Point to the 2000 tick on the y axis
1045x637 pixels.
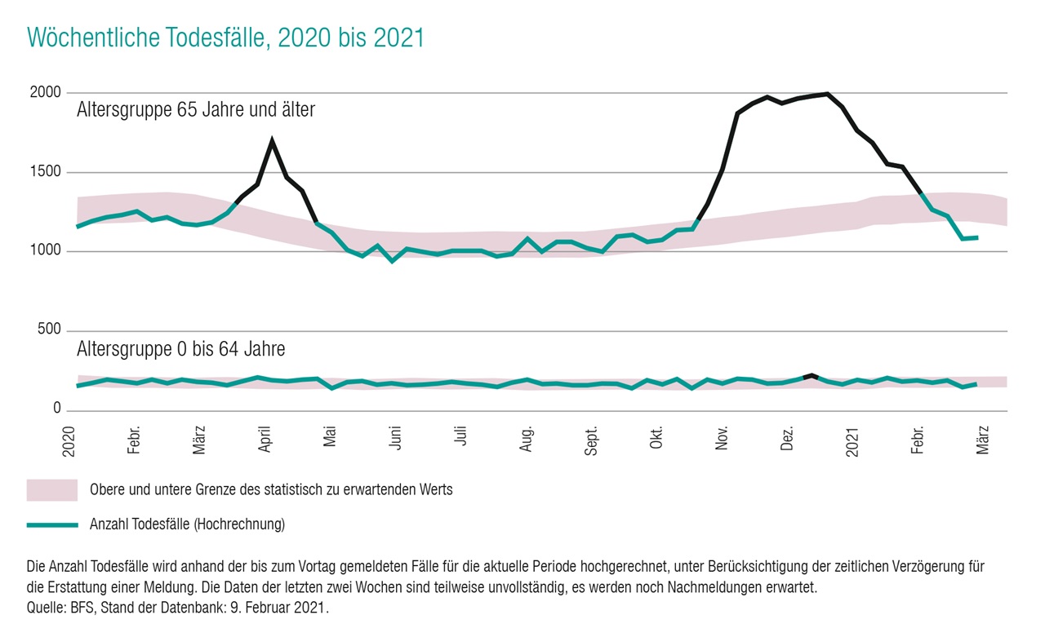click(x=47, y=93)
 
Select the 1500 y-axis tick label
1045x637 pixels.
click(x=47, y=172)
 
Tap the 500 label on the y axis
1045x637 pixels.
click(x=51, y=330)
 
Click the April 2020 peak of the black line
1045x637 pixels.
click(x=272, y=141)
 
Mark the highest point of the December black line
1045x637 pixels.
click(x=827, y=94)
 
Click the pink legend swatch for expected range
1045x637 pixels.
click(x=52, y=490)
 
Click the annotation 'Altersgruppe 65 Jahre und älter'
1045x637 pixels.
click(x=196, y=110)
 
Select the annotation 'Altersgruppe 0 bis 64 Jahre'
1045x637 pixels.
click(x=181, y=350)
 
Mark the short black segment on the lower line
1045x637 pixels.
click(x=810, y=376)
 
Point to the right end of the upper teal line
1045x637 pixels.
click(x=977, y=237)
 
